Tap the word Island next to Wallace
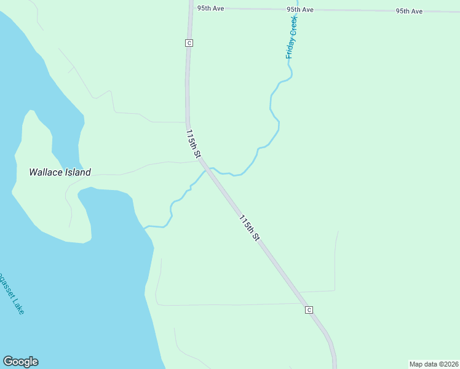(x=79, y=173)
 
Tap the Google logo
(x=20, y=362)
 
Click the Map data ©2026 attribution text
(x=434, y=364)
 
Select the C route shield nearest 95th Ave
(x=189, y=42)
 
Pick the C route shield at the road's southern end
(x=309, y=310)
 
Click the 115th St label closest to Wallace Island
(x=193, y=143)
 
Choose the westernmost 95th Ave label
(x=210, y=9)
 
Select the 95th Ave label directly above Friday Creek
(x=300, y=10)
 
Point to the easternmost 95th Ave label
(x=409, y=11)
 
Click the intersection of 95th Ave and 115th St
(x=190, y=8)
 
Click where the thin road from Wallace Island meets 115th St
(x=199, y=162)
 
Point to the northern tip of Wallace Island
(x=29, y=112)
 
